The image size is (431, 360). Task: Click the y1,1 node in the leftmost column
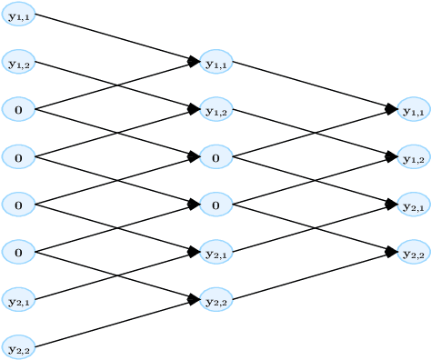pos(18,15)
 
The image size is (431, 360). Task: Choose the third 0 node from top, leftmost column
pos(18,205)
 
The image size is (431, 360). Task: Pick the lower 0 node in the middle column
pos(215,205)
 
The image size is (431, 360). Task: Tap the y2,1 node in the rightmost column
pos(414,205)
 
